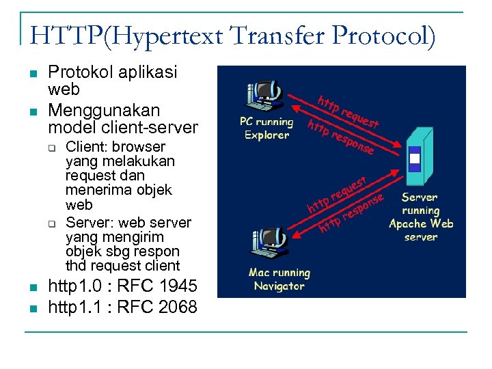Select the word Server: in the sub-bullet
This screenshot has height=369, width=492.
tap(90, 222)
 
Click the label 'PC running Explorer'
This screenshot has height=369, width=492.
tap(266, 128)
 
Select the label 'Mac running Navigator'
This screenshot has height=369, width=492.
tap(279, 279)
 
